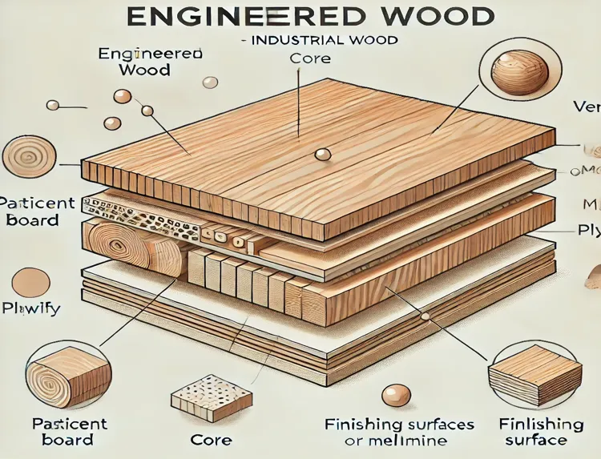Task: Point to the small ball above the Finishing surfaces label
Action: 396,395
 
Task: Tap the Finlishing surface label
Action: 541,431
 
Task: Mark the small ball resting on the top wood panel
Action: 321,155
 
